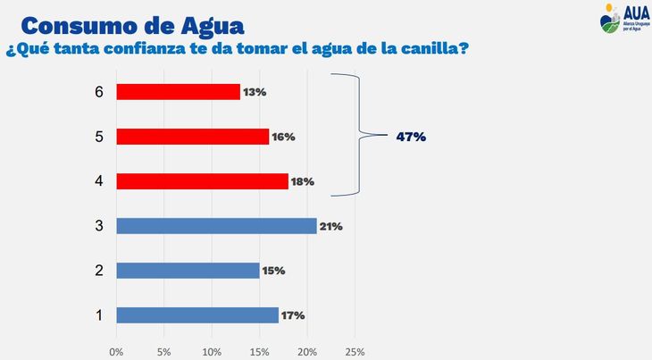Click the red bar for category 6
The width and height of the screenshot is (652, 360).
pyautogui.click(x=178, y=92)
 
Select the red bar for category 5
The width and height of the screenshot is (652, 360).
pyautogui.click(x=192, y=137)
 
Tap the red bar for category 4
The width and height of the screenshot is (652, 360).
pyautogui.click(x=202, y=181)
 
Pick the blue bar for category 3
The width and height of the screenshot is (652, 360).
pyautogui.click(x=216, y=226)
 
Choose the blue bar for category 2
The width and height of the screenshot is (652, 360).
pyautogui.click(x=188, y=271)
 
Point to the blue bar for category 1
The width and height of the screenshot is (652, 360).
pyautogui.click(x=197, y=315)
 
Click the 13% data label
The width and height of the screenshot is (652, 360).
pyautogui.click(x=255, y=92)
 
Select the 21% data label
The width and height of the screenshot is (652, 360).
pyautogui.click(x=331, y=226)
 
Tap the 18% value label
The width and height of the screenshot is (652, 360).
pyautogui.click(x=303, y=181)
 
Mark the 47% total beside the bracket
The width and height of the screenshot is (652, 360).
pyautogui.click(x=411, y=137)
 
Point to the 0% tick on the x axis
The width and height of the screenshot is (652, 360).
pyautogui.click(x=116, y=351)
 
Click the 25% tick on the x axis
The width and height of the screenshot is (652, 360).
pyautogui.click(x=355, y=351)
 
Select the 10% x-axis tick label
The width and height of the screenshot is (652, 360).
pyautogui.click(x=212, y=351)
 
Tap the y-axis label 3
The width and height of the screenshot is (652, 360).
pyautogui.click(x=99, y=226)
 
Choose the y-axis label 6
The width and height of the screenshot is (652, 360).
pyautogui.click(x=99, y=92)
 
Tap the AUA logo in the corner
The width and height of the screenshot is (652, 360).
pyautogui.click(x=623, y=19)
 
